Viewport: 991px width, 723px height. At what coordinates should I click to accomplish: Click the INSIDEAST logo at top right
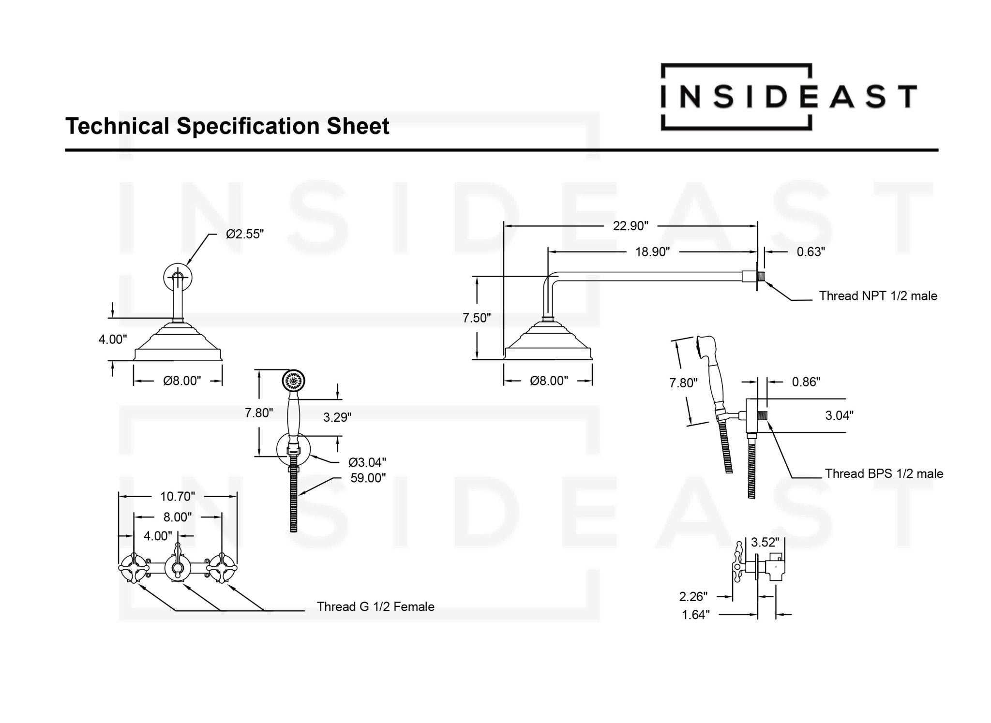[788, 97]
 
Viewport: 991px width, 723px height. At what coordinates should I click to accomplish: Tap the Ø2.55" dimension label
[245, 235]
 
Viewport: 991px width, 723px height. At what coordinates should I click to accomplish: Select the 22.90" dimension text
[631, 226]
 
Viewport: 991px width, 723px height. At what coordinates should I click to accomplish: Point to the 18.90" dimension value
[652, 252]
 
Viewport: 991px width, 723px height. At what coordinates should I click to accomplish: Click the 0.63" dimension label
[811, 252]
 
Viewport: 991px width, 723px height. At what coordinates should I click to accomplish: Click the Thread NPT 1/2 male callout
[878, 296]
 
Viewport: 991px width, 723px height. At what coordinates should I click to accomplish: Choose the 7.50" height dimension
[477, 318]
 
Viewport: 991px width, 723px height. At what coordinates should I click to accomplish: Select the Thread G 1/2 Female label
[375, 606]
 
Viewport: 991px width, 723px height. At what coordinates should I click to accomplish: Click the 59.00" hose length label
[368, 478]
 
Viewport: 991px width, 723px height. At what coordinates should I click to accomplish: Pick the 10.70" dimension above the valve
[178, 496]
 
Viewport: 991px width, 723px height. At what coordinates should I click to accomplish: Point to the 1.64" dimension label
[695, 615]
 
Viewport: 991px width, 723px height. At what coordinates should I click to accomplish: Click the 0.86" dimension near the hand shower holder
[806, 382]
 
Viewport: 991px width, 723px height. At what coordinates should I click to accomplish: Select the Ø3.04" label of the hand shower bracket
[367, 463]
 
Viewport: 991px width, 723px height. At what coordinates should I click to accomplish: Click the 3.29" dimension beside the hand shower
[337, 417]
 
